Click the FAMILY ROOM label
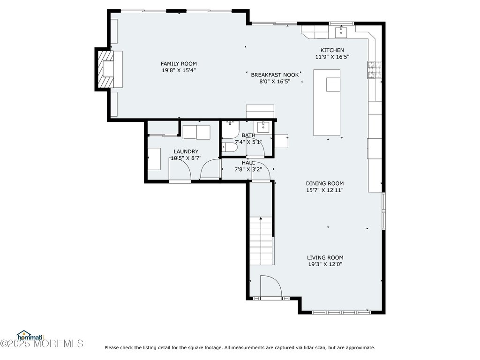tap(179, 64)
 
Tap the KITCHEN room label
tap(332, 50)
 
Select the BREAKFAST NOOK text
tap(275, 75)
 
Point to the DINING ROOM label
tap(325, 183)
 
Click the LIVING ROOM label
tap(325, 258)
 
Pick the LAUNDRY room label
tap(186, 151)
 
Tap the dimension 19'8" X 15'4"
tap(179, 70)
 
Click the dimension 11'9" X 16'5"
tap(332, 57)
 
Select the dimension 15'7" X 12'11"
tap(325, 190)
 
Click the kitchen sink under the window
tap(341, 31)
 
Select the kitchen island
tap(327, 103)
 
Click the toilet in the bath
tap(230, 148)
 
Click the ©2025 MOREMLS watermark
tap(42, 344)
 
